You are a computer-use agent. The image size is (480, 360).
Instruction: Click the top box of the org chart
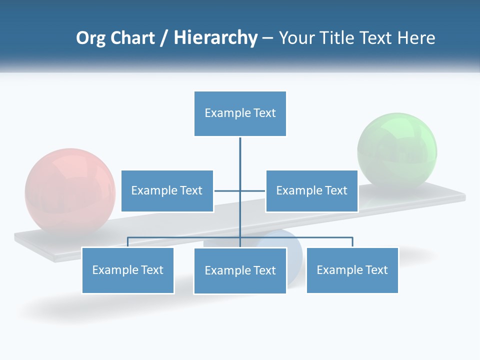(x=240, y=113)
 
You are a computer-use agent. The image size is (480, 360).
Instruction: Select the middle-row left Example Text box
(x=167, y=191)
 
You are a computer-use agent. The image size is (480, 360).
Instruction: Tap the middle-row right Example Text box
(x=311, y=191)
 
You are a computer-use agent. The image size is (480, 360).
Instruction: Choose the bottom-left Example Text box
(x=127, y=270)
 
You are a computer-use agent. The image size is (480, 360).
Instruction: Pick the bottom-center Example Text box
(x=240, y=271)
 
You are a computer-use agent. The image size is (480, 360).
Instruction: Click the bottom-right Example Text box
(x=352, y=270)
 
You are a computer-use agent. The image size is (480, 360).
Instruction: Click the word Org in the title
(x=91, y=38)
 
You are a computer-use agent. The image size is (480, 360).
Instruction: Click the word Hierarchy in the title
(x=215, y=38)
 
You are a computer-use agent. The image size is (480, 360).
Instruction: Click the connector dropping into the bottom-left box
(x=128, y=242)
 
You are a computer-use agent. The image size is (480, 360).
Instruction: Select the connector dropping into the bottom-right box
(x=352, y=242)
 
